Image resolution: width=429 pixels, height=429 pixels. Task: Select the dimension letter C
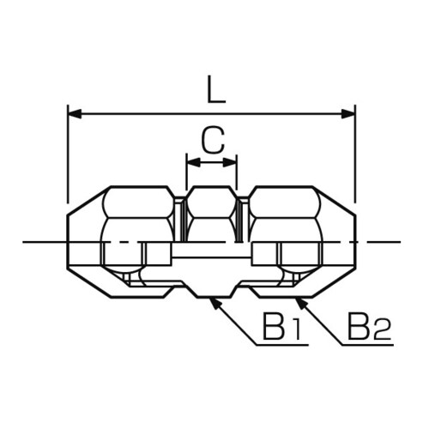pyautogui.click(x=211, y=139)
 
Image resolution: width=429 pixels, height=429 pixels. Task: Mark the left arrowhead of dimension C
pyautogui.click(x=190, y=161)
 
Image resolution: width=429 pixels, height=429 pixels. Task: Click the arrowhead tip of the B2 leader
pyautogui.click(x=295, y=299)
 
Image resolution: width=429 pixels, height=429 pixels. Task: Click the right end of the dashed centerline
pyautogui.click(x=400, y=242)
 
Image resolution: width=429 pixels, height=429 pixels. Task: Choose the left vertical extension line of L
pyautogui.click(x=68, y=154)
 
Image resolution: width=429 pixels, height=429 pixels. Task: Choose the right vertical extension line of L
pyautogui.click(x=355, y=154)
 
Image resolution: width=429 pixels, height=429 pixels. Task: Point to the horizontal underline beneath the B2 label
pyautogui.click(x=369, y=345)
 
